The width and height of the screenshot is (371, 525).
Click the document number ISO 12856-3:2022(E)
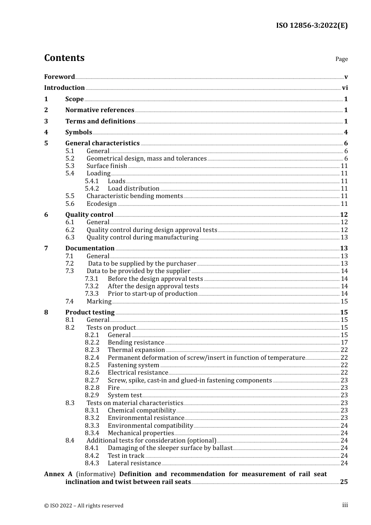click(x=312, y=26)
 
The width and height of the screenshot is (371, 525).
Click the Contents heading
click(x=64, y=58)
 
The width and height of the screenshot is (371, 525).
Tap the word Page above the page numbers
click(x=341, y=59)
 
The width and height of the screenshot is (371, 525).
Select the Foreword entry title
click(x=59, y=77)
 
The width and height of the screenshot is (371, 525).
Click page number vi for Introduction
click(x=344, y=88)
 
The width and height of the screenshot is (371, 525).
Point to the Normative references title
click(x=100, y=110)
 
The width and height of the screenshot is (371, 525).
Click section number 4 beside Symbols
click(x=46, y=132)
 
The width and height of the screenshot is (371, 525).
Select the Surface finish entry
click(x=107, y=166)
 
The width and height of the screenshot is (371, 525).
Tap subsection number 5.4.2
click(x=92, y=189)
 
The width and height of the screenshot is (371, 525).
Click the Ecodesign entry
click(x=102, y=204)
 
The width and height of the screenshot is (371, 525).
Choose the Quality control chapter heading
click(x=89, y=215)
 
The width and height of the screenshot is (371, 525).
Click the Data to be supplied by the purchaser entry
click(x=142, y=264)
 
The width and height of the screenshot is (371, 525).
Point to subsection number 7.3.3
click(x=92, y=294)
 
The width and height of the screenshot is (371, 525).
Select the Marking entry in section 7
click(x=99, y=302)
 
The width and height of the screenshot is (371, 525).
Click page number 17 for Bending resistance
click(x=344, y=343)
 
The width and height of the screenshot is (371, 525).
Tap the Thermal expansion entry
click(x=136, y=350)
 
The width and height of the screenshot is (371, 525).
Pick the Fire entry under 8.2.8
click(x=114, y=388)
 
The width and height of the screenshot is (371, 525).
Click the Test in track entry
click(x=126, y=456)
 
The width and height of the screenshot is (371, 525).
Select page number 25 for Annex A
click(x=344, y=482)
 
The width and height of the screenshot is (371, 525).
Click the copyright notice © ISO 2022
click(x=84, y=505)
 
